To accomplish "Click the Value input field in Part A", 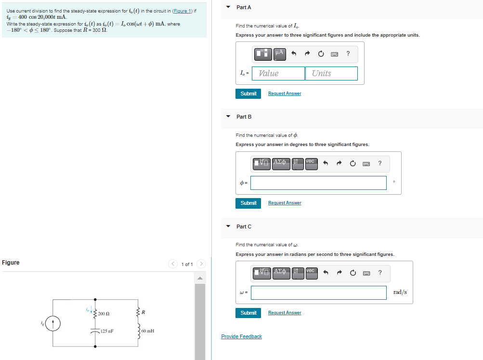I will [x=278, y=73].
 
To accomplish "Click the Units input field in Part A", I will [x=331, y=73].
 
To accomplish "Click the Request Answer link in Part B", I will [x=285, y=203].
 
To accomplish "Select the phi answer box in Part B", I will [x=318, y=183].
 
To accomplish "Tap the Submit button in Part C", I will [x=248, y=313].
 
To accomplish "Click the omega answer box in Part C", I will [x=318, y=293].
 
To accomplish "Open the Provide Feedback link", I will [x=241, y=336].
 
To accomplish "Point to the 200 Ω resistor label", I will [x=104, y=314].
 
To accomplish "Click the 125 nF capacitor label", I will [x=106, y=331].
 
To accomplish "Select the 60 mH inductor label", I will [x=148, y=331].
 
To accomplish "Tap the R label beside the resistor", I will [x=144, y=313].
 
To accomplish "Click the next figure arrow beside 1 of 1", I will [x=201, y=264].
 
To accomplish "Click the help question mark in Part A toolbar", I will [x=348, y=53].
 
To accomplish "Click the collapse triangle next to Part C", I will [x=228, y=226].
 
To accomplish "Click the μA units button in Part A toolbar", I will [x=280, y=53].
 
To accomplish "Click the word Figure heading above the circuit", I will [x=11, y=263].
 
